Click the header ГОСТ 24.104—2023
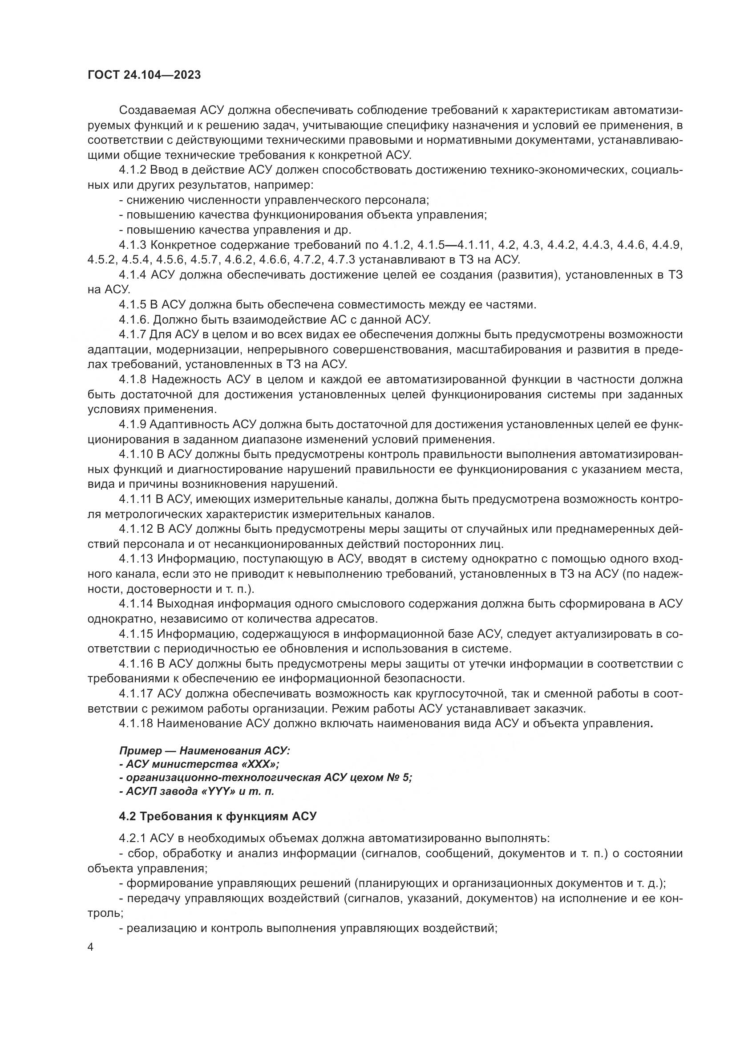(x=144, y=75)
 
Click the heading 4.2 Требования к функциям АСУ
(x=218, y=817)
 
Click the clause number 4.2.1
(x=132, y=838)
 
